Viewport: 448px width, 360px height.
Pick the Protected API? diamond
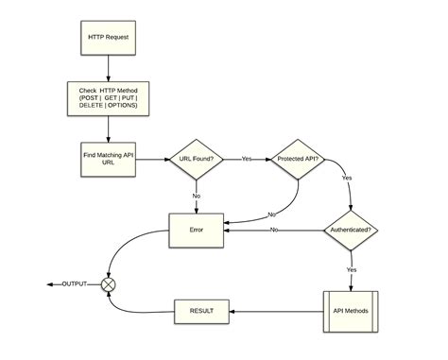[299, 158]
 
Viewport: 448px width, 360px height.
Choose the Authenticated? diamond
[352, 229]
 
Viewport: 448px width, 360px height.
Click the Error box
[197, 229]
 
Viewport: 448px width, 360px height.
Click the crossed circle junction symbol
[110, 283]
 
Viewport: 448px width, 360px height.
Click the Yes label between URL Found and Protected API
[248, 158]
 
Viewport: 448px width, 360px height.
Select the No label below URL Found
[197, 196]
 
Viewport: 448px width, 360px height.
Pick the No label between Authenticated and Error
[274, 229]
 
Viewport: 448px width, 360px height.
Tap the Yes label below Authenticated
[352, 269]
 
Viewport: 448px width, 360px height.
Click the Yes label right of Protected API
[346, 177]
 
